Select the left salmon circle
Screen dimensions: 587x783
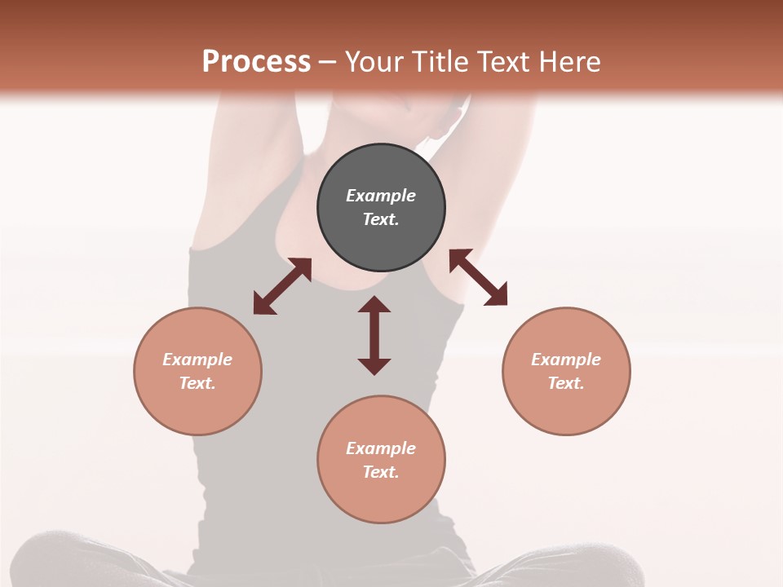tap(197, 371)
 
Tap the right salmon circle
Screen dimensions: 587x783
tap(566, 371)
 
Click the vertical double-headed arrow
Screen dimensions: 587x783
tap(374, 335)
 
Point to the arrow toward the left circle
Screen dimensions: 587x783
tap(282, 286)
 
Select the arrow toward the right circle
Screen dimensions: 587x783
tap(478, 277)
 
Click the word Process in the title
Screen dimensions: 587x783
tap(256, 61)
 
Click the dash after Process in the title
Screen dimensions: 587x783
tap(327, 63)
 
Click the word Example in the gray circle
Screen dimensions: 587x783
tap(381, 196)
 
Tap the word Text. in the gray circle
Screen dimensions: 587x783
tap(381, 219)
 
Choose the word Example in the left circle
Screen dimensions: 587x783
tap(197, 360)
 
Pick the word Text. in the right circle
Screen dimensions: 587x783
tap(566, 383)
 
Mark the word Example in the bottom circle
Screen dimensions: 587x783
tap(381, 448)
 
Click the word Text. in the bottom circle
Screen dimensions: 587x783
tap(381, 472)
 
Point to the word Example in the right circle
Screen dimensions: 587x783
tap(566, 360)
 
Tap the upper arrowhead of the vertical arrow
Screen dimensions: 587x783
tap(374, 305)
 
